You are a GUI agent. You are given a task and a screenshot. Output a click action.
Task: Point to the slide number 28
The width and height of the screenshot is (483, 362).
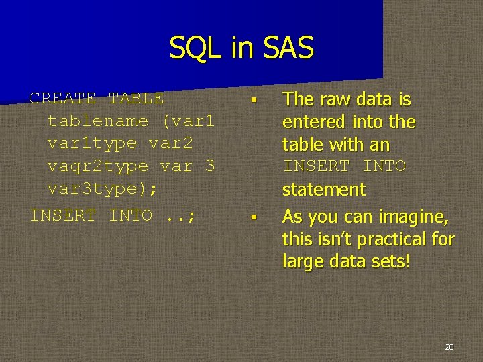449,347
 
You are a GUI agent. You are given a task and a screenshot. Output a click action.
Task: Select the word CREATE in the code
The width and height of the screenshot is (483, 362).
62,98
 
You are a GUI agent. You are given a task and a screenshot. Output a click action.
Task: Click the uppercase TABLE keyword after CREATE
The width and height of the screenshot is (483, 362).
136,98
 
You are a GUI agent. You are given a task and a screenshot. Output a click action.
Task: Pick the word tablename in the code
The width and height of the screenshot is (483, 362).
98,121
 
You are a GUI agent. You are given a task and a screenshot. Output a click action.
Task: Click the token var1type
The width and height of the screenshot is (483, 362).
92,143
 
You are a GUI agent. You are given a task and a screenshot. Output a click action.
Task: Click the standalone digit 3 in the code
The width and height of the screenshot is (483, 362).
209,166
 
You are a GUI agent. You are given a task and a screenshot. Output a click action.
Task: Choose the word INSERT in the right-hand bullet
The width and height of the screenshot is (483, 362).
316,166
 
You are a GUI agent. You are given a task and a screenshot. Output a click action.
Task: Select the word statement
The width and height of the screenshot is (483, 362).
324,190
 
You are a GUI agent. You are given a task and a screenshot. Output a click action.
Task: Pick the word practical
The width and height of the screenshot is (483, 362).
391,239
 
